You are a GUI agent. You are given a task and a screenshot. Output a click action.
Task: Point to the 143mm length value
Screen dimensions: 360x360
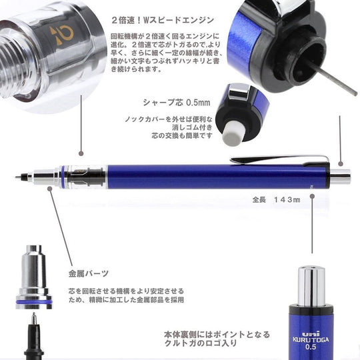click(287, 199)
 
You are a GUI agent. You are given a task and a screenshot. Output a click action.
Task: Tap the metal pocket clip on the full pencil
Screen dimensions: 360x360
click(281, 159)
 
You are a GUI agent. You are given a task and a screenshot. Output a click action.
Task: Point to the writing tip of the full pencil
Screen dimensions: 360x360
click(19, 177)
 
